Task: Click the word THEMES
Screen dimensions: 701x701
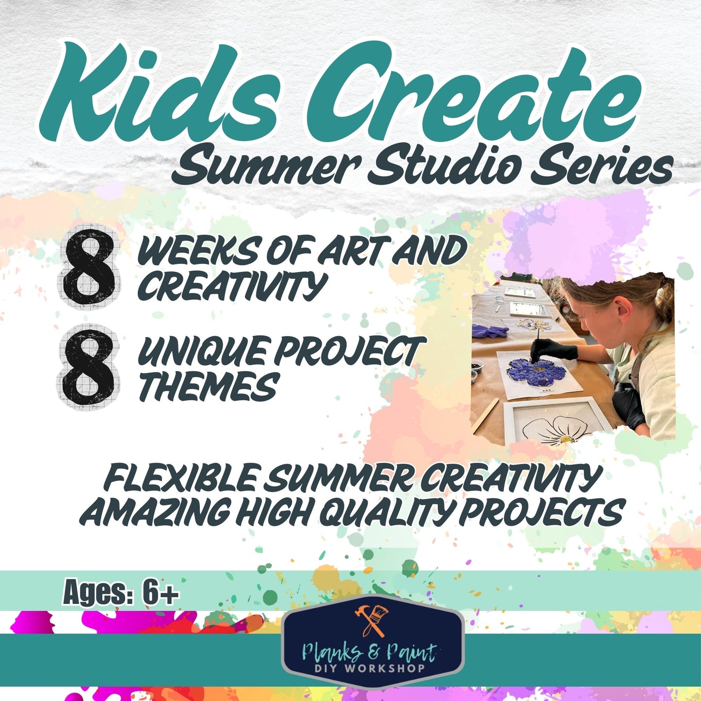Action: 209,387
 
